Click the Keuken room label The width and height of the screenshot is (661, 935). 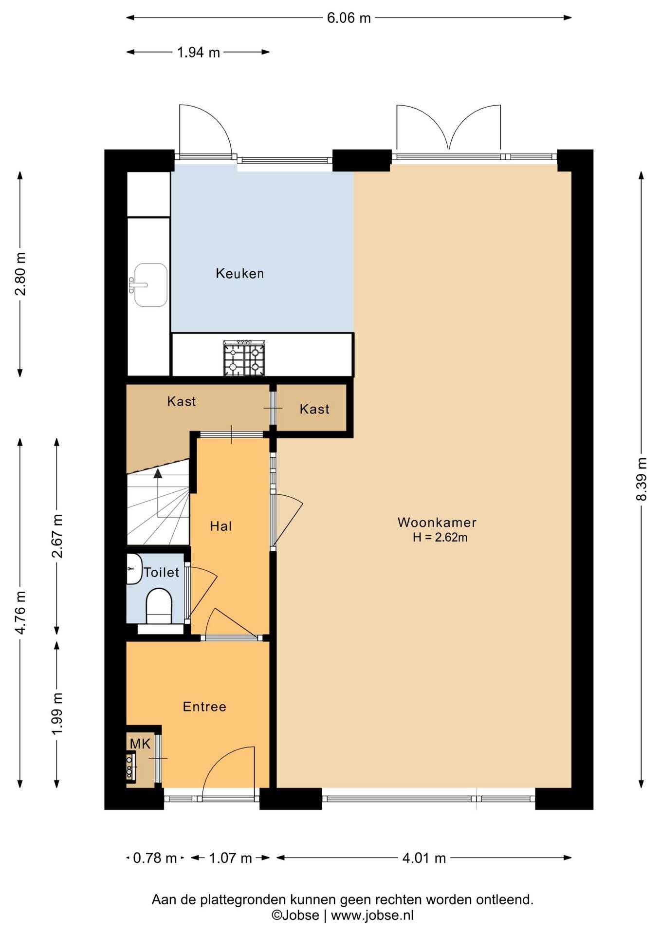coord(239,273)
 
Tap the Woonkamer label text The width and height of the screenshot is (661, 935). coord(437,523)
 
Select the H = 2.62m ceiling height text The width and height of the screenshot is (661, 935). coord(440,538)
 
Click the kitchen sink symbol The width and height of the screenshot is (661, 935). coord(148,285)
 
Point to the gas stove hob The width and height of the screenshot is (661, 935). coord(244,358)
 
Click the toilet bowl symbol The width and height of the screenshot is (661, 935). coord(159,607)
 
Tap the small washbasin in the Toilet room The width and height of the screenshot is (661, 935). coord(134,569)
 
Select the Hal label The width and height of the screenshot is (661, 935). coord(220,526)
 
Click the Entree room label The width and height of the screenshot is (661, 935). coord(204,707)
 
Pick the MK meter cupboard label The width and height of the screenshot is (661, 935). coord(140,744)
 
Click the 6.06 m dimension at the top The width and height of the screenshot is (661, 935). coord(349,18)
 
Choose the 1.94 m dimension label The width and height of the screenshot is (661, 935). coord(198,52)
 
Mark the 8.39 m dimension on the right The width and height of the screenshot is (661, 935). coord(642,479)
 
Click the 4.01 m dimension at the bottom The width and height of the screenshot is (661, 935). coord(424,858)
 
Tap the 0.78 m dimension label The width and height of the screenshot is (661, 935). coord(155,858)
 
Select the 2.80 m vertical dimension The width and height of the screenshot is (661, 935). coord(20,274)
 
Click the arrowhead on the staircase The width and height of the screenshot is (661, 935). coord(158,473)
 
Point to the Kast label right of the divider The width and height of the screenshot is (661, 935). coord(314,409)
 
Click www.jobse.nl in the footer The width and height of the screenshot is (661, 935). coord(372,915)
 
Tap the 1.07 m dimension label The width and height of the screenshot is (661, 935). coord(230,858)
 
